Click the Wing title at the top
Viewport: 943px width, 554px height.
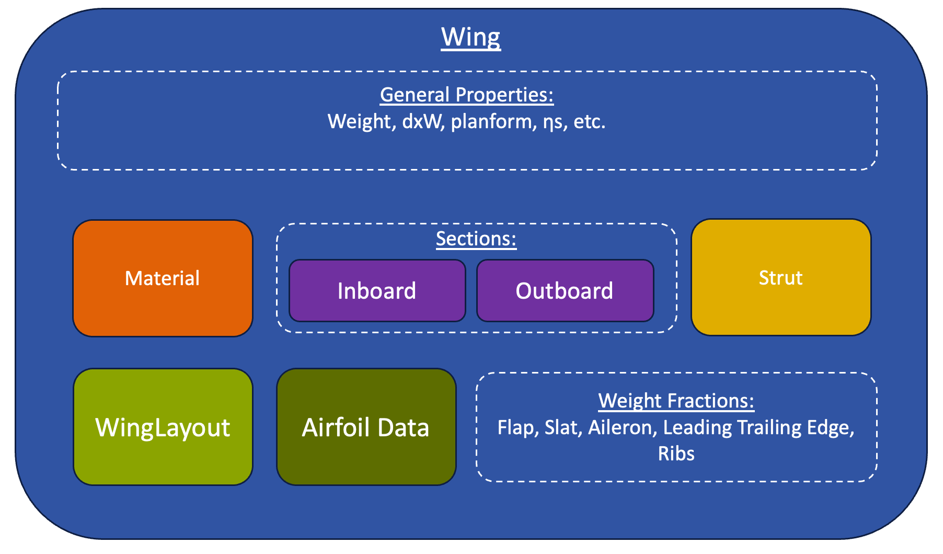point(471,38)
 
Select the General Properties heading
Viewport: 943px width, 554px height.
point(467,95)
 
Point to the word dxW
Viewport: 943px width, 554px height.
point(423,121)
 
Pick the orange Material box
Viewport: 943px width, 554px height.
point(163,278)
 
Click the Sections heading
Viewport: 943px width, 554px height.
point(476,239)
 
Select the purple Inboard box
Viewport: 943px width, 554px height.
point(377,291)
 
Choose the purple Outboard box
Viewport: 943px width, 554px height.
point(565,291)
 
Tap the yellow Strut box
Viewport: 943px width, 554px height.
point(781,277)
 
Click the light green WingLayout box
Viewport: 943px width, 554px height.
point(163,427)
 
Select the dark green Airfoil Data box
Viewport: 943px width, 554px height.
point(366,427)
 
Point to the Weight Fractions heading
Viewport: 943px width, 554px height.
point(676,401)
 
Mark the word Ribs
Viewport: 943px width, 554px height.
point(676,454)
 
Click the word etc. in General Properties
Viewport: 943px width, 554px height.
point(590,122)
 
